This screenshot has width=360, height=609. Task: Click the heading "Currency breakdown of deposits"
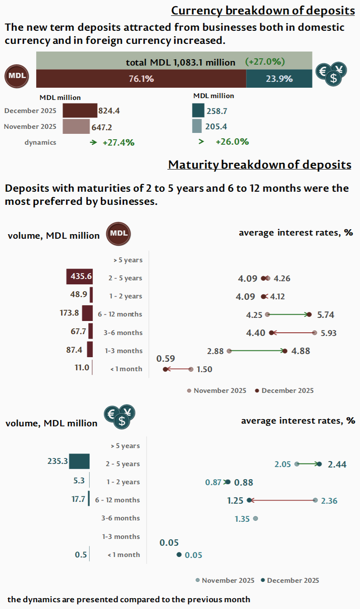tap(263, 10)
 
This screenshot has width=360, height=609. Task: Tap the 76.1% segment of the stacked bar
tap(141, 79)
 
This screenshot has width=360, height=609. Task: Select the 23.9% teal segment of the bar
tap(279, 79)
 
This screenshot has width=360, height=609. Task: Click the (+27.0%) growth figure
tap(265, 61)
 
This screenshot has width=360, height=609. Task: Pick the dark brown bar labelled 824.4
tap(80, 110)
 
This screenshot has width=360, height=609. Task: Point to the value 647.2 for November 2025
tap(102, 127)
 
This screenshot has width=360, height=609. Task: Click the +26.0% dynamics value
tap(232, 142)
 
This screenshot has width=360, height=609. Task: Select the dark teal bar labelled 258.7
tap(198, 110)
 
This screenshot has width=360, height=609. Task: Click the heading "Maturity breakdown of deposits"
tap(260, 165)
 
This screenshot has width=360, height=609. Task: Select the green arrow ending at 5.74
tap(289, 314)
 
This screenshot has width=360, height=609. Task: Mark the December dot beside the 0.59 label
tap(166, 369)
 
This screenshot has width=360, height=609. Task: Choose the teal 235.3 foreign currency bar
tap(79, 462)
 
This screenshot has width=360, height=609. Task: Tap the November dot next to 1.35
tap(256, 519)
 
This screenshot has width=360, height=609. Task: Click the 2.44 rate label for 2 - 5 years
tap(337, 464)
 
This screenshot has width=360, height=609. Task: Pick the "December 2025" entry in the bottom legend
tap(293, 581)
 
